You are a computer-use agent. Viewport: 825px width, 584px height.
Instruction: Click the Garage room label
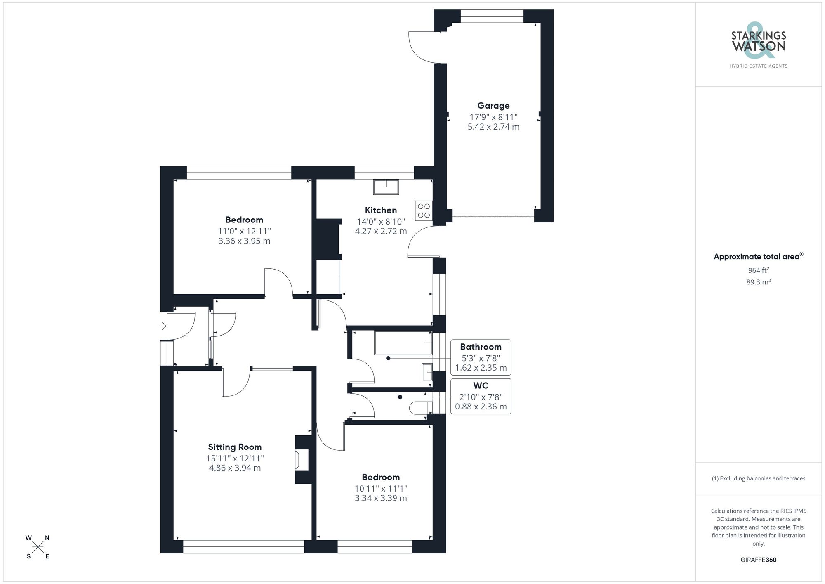point(493,106)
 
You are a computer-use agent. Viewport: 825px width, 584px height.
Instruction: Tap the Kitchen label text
point(381,210)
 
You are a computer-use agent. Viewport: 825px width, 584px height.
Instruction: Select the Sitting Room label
point(235,447)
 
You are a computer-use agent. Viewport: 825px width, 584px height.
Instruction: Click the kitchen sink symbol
point(386,187)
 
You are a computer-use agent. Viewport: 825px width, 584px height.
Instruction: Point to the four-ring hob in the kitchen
point(424,210)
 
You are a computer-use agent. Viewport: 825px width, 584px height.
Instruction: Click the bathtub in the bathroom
point(403,343)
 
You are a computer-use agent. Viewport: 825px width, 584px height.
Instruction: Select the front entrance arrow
point(163,326)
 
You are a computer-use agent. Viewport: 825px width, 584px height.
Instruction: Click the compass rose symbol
point(38,547)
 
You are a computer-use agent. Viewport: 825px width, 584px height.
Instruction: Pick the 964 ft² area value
point(758,270)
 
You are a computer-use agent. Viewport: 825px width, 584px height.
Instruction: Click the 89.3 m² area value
point(758,282)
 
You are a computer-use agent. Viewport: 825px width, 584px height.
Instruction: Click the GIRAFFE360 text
point(758,560)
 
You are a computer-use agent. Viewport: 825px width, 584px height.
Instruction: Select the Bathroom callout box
point(481,357)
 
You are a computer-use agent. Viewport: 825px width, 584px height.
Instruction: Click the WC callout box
point(481,396)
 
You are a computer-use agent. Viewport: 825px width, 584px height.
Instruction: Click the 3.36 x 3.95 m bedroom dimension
point(244,241)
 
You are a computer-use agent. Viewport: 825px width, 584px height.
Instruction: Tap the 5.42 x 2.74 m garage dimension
point(493,127)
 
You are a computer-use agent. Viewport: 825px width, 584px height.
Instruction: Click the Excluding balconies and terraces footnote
point(758,478)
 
